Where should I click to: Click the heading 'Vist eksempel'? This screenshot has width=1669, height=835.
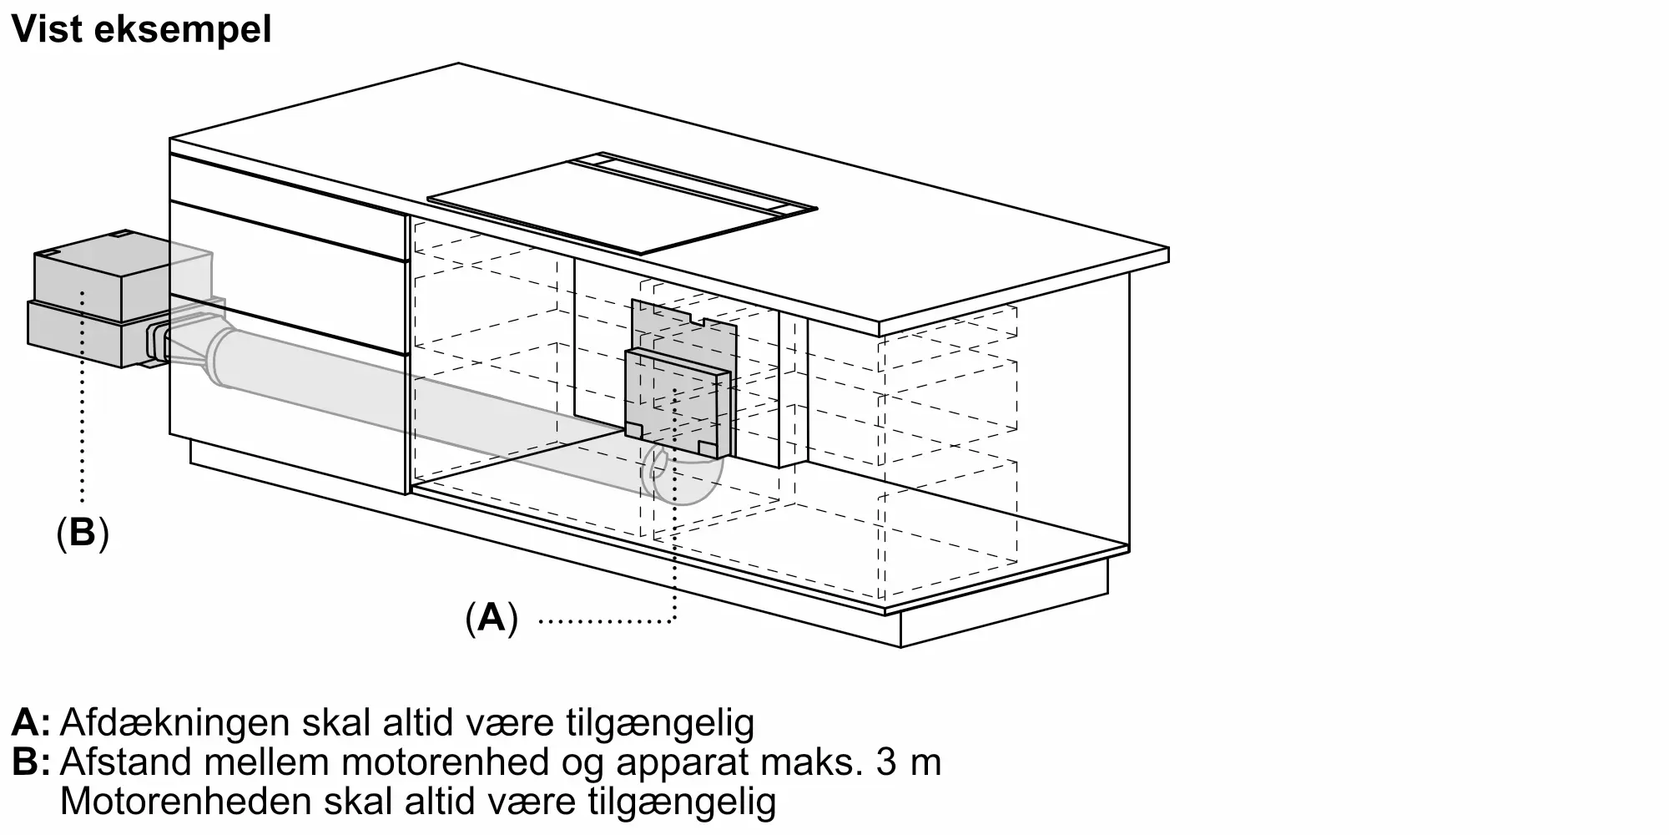click(x=142, y=30)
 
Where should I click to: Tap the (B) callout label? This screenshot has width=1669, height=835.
click(x=83, y=533)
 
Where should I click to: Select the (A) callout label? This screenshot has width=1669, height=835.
click(x=492, y=619)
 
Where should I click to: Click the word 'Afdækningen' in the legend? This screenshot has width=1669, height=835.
click(x=176, y=722)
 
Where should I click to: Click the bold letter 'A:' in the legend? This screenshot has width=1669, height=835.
click(x=31, y=722)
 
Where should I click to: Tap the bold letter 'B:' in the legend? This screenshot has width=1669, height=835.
click(x=31, y=762)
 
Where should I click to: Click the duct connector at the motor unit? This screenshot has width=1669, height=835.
click(x=159, y=344)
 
